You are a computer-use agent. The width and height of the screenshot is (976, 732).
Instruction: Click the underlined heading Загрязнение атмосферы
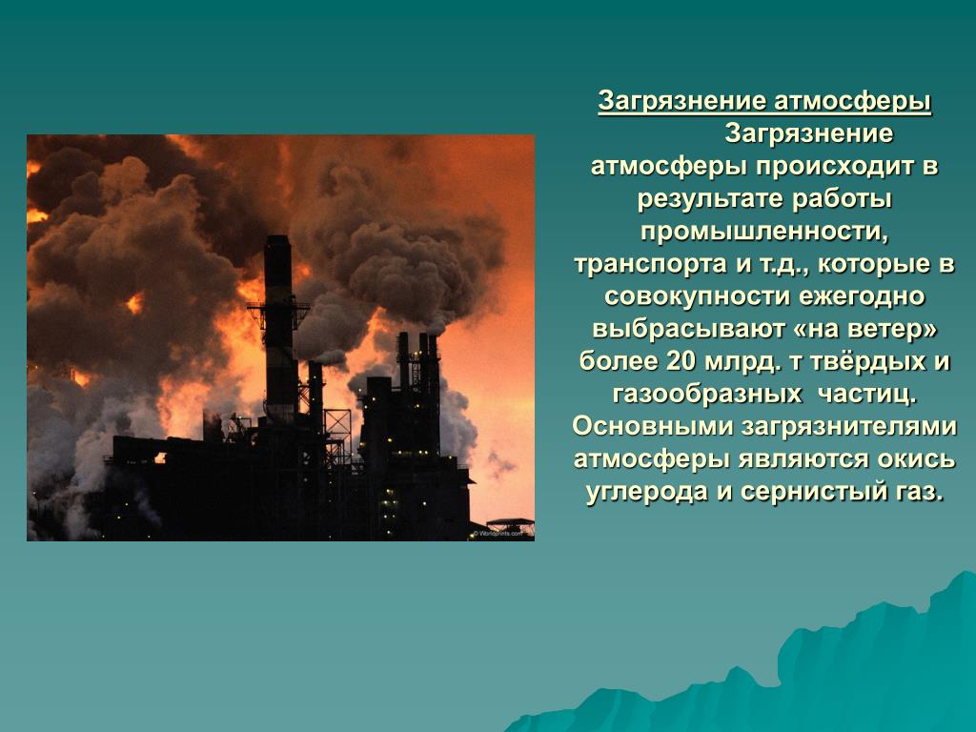point(764,101)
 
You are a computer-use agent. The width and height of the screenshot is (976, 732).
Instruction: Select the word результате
point(709,199)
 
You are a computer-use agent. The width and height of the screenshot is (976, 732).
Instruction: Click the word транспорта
point(650,264)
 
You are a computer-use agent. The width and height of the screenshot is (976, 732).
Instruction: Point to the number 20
point(681,361)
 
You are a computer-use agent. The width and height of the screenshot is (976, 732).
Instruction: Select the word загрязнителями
point(849,426)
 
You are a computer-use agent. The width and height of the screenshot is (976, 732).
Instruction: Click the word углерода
point(647,492)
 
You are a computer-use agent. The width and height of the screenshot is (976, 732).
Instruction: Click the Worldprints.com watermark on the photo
point(498,534)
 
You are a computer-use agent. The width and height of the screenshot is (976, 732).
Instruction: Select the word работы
point(843,199)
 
